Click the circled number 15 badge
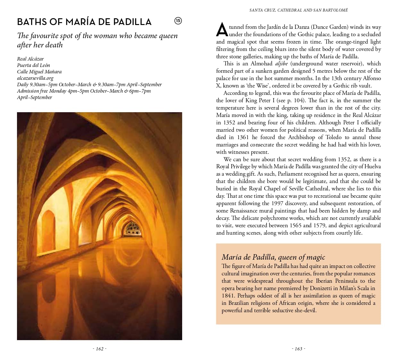point(178,21)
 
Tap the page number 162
point(100,349)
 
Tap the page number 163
point(299,349)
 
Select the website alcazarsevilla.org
point(35,78)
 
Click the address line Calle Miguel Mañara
point(39,71)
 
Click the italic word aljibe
point(281,63)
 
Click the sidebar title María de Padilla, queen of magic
point(273,257)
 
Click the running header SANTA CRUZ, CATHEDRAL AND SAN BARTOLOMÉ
point(299,10)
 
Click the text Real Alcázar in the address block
point(30,59)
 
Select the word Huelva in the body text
point(373,166)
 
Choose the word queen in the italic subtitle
point(168,36)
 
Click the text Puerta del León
point(34,65)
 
